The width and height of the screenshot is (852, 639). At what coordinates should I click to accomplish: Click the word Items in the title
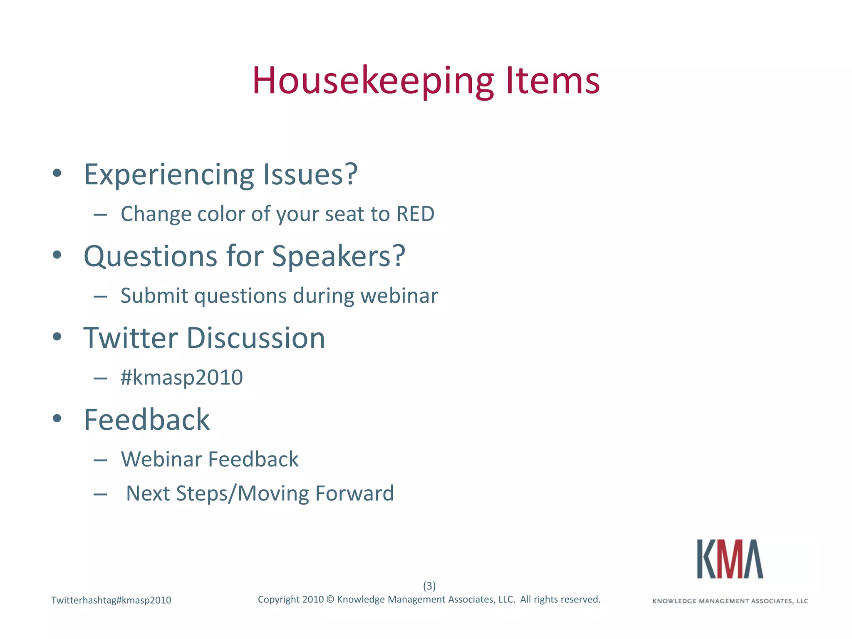point(553,81)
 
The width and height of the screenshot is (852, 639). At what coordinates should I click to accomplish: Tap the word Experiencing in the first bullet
point(168,175)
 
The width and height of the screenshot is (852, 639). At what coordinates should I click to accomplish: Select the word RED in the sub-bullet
point(415,214)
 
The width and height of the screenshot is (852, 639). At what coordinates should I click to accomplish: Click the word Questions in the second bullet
point(150,256)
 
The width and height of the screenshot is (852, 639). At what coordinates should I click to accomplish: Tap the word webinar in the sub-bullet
point(399,296)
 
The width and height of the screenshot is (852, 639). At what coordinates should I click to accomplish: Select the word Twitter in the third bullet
point(131,337)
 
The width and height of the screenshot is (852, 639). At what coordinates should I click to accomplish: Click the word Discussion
point(255,337)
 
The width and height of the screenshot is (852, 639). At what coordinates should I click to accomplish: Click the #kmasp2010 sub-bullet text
point(181,378)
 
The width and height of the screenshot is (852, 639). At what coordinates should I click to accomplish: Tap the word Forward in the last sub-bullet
point(354,493)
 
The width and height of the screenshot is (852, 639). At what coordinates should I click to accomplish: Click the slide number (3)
point(429,586)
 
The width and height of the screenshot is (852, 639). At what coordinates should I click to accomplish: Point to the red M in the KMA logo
point(731,559)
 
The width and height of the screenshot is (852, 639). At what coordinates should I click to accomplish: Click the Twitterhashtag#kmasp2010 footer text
point(111,600)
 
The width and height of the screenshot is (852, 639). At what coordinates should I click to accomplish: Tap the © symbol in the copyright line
point(330,599)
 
